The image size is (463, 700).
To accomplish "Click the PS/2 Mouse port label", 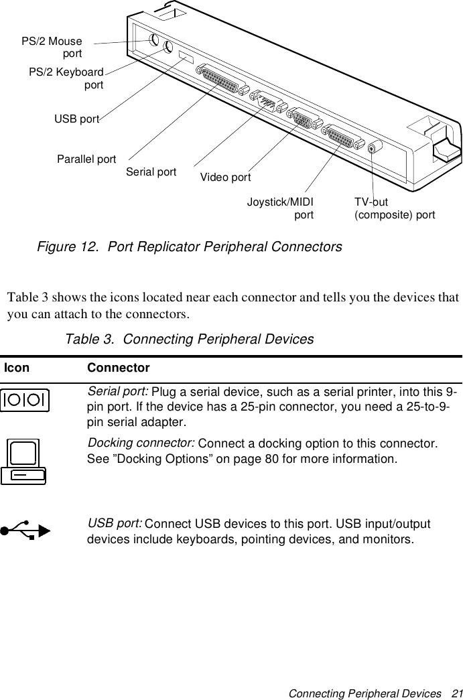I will [52, 47].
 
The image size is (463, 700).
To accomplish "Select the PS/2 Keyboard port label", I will [66, 78].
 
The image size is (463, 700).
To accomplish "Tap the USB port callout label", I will [76, 119].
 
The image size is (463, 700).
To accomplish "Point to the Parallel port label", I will [86, 159].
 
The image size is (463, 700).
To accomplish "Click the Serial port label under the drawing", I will [151, 171].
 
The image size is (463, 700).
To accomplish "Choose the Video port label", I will [226, 178].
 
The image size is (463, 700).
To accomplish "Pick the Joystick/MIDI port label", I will [280, 208].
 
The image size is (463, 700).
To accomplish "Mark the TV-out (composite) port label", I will [394, 208].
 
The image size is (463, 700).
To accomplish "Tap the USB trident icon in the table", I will [25, 531].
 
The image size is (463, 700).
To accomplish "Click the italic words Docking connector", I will [142, 444].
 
